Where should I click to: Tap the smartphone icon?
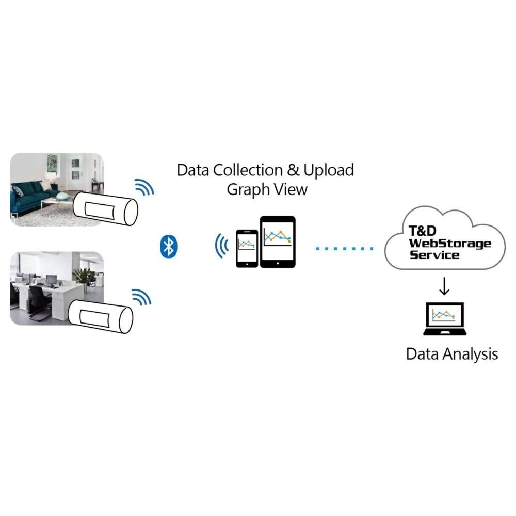pyautogui.click(x=247, y=248)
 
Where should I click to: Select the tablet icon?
pyautogui.click(x=278, y=241)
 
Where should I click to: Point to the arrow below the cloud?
pyautogui.click(x=444, y=287)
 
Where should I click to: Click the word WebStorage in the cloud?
pyautogui.click(x=449, y=244)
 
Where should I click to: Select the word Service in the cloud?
pyautogui.click(x=434, y=255)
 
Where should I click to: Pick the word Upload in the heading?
pyautogui.click(x=329, y=170)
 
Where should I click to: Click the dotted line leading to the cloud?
pyautogui.click(x=344, y=249)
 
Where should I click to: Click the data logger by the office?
pyautogui.click(x=101, y=315)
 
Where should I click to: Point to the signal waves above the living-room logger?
pyautogui.click(x=144, y=187)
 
